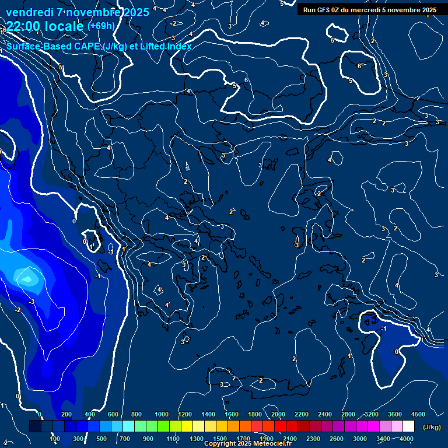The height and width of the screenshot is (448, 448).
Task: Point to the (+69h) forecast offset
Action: coord(101,26)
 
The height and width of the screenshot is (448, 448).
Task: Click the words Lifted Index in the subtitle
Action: coord(166,47)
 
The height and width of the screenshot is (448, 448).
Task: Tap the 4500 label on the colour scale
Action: coord(418,414)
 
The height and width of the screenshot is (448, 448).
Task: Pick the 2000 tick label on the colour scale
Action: coord(278,414)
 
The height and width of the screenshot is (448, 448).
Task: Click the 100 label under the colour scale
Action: coord(55,439)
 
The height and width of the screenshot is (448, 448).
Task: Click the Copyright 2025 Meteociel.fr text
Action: coord(247,444)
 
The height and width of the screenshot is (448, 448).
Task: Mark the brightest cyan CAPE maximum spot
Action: coord(26,279)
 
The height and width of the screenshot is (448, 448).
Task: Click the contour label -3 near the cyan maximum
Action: coord(32,302)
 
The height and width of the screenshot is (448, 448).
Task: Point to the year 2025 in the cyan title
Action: coord(132,12)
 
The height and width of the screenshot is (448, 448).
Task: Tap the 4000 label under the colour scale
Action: coord(407,439)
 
